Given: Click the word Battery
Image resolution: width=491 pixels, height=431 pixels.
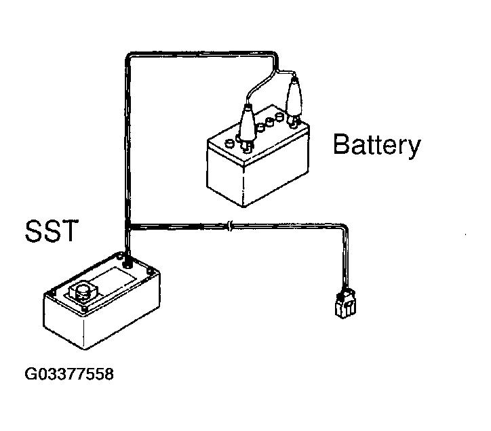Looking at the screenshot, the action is coord(376,144).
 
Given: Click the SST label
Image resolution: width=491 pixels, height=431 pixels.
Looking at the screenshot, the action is coord(52,230).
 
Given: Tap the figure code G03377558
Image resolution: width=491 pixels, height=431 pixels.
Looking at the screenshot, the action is coord(69,374).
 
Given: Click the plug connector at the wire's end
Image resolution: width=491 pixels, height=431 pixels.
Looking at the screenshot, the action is coord(345,304).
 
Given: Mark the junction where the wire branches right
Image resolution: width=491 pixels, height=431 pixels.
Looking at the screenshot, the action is coord(127,226).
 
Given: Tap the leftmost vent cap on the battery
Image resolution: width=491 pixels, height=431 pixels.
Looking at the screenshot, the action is coord(229,144).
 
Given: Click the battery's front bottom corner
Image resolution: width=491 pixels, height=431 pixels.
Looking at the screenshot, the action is coord(243,207).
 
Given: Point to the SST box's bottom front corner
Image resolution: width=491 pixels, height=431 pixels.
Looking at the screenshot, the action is coord(85,348).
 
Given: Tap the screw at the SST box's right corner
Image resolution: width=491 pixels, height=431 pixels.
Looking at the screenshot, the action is coord(151,272).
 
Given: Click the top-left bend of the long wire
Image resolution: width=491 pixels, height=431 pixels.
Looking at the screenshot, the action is coord(128,56).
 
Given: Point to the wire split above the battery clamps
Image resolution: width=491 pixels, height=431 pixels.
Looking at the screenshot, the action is coord(277,72).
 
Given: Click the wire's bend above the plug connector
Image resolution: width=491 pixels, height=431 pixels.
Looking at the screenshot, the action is coord(345,227).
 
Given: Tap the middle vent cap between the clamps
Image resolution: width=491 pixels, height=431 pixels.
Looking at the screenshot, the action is coord(269,121).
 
